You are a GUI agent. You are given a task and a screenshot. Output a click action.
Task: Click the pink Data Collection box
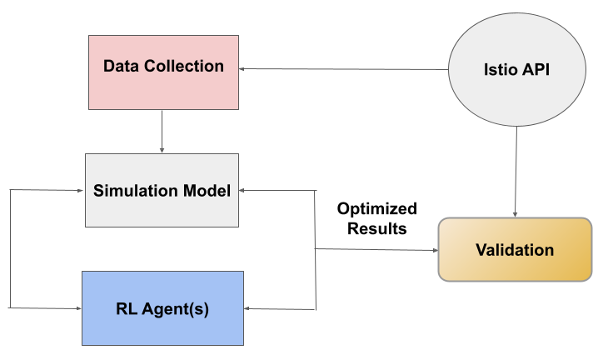point(163,72)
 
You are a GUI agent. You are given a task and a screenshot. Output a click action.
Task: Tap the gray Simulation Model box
point(162,190)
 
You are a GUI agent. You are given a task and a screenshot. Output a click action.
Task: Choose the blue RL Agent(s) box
point(162,308)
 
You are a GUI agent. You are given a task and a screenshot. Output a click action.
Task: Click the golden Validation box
point(514,250)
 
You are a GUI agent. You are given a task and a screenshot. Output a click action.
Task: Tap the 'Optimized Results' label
point(376,218)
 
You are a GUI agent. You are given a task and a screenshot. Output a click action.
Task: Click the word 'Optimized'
point(376,208)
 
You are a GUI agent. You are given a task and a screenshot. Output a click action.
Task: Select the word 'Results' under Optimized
point(376,228)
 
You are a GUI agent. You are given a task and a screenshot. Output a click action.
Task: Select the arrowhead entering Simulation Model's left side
point(82,190)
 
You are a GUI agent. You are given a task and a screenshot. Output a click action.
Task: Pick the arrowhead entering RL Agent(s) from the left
point(77,308)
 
